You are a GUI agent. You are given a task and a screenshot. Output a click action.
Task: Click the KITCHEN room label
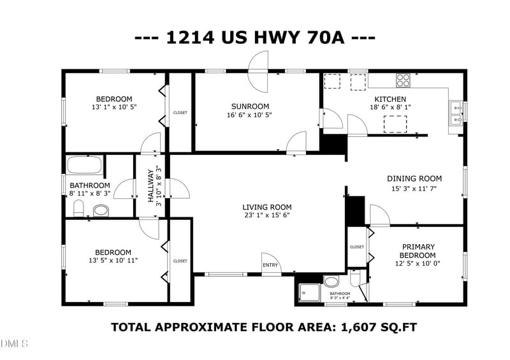tap(390, 99)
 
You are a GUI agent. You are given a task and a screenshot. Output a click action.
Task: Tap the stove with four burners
tap(403, 80)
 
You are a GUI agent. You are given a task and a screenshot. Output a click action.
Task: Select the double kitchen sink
tap(456, 113)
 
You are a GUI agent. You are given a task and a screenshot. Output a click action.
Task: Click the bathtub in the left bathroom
tap(84, 165)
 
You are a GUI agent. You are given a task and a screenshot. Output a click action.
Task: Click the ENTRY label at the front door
tap(270, 265)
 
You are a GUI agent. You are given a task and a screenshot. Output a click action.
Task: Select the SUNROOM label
tap(250, 106)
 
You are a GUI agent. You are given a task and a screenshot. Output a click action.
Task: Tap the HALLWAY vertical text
tap(151, 185)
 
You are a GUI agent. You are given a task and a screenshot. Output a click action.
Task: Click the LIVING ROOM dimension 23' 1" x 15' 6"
tap(266, 215)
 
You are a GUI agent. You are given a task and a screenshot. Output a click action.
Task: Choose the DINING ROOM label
tap(414, 178)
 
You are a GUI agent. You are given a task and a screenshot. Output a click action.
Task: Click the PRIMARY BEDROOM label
tap(418, 251)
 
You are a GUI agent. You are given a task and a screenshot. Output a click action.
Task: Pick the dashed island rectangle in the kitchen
tap(395, 124)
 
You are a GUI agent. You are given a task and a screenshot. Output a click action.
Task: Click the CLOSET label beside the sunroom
tap(180, 113)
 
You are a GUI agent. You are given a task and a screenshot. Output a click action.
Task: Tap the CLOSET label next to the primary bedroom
tap(357, 247)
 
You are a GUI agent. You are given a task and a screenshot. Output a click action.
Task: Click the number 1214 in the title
tap(190, 38)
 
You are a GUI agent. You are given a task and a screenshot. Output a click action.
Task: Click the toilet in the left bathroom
tap(79, 208)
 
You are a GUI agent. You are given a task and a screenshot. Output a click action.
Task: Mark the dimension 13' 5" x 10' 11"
tap(113, 261)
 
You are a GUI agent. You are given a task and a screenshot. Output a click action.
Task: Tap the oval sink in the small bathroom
tap(331, 282)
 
